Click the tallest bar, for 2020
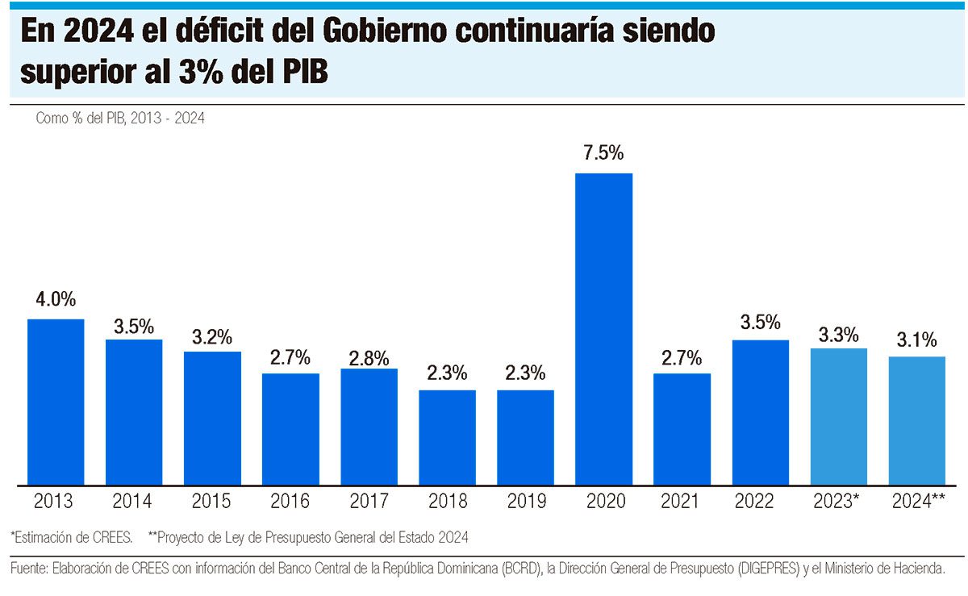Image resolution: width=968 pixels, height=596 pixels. [x=603, y=329]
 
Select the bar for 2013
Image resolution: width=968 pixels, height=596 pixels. [x=56, y=402]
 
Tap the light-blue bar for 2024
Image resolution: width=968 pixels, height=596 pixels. [x=917, y=420]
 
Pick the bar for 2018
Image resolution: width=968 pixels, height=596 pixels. [x=447, y=437]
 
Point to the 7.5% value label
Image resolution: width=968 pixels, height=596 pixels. [x=603, y=154]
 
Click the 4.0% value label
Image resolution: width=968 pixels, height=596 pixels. [x=56, y=300]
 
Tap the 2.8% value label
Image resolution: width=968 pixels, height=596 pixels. [x=369, y=358]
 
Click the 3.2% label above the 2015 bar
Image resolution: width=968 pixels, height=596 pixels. [x=212, y=336]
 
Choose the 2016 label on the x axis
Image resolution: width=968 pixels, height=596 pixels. [x=290, y=502]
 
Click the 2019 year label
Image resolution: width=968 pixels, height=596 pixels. [x=525, y=502]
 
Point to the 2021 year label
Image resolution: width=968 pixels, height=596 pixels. [x=682, y=502]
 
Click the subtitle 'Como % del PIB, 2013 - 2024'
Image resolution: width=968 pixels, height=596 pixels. [x=120, y=118]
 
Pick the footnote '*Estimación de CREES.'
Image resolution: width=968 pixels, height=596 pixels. [x=72, y=536]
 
